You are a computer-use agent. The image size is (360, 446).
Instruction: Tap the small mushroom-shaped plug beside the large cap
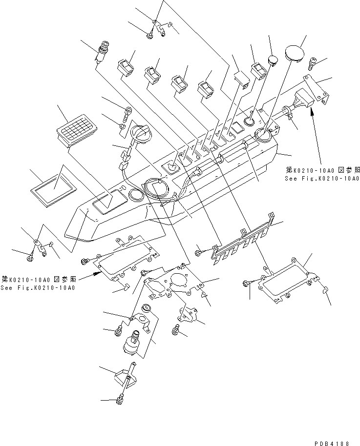(273, 60)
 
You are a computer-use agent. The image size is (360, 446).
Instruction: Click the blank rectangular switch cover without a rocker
(241, 79)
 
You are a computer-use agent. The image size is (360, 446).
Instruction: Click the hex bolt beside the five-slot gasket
(198, 252)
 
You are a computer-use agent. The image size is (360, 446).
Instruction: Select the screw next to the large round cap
(313, 61)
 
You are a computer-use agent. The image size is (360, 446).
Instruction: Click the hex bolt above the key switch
(128, 111)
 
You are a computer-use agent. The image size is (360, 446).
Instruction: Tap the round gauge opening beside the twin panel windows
(136, 195)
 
